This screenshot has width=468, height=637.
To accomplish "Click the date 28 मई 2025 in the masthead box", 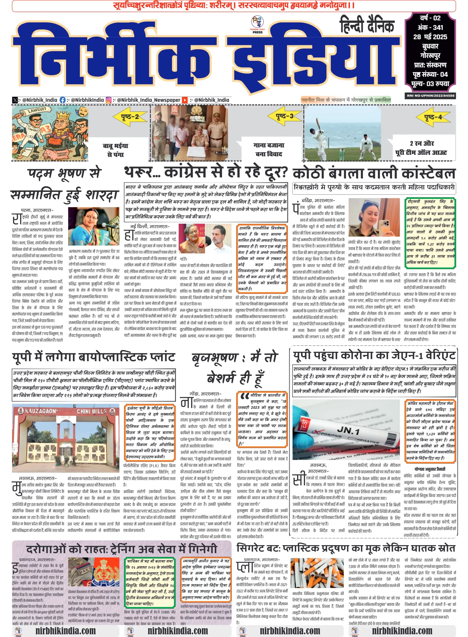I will (x=430, y=37).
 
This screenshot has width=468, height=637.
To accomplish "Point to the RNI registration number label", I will (x=430, y=96).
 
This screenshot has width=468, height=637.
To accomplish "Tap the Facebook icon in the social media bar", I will (x=63, y=100).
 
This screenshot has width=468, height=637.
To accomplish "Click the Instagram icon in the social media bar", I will (x=109, y=100).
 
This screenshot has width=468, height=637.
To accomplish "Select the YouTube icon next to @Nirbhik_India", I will (x=184, y=100).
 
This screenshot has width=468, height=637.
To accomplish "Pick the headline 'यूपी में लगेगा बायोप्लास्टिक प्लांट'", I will (x=93, y=357).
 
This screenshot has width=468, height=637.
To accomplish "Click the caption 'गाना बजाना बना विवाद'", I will (x=269, y=150).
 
